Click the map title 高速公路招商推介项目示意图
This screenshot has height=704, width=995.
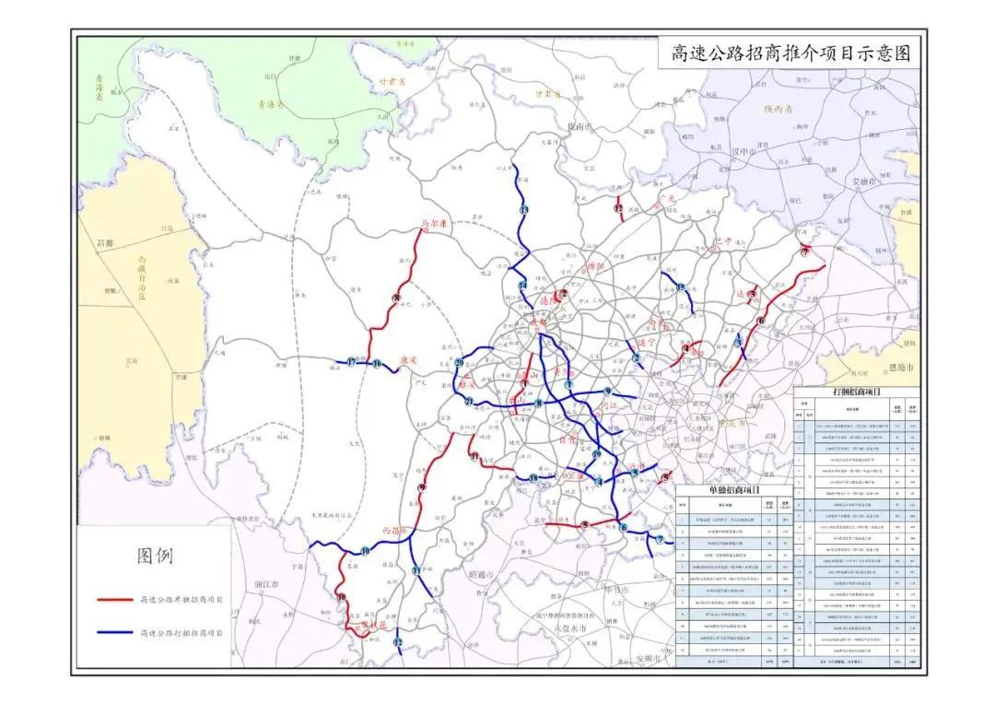pyautogui.click(x=790, y=53)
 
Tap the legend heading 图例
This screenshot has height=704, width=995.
pyautogui.click(x=155, y=556)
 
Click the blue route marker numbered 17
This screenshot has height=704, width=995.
pyautogui.click(x=352, y=363)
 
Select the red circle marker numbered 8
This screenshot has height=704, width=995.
pyautogui.click(x=396, y=298)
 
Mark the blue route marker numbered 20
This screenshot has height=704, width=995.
pyautogui.click(x=458, y=364)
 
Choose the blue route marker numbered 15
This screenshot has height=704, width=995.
pyautogui.click(x=681, y=287)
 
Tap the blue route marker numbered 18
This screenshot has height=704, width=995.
pyautogui.click(x=533, y=477)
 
